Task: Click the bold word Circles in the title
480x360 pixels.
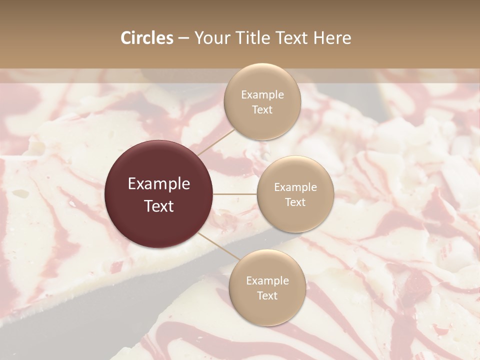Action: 146,38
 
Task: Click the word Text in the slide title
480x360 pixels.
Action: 294,38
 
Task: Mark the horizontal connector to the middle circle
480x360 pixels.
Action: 235,194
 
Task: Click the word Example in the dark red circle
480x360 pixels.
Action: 159,184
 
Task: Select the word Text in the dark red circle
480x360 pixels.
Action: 159,206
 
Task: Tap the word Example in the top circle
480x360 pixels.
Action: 262,95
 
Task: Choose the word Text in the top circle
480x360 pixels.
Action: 262,109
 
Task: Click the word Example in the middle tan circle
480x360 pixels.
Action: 295,187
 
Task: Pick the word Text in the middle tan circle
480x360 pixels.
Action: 295,202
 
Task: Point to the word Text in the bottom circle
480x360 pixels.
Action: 267,295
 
